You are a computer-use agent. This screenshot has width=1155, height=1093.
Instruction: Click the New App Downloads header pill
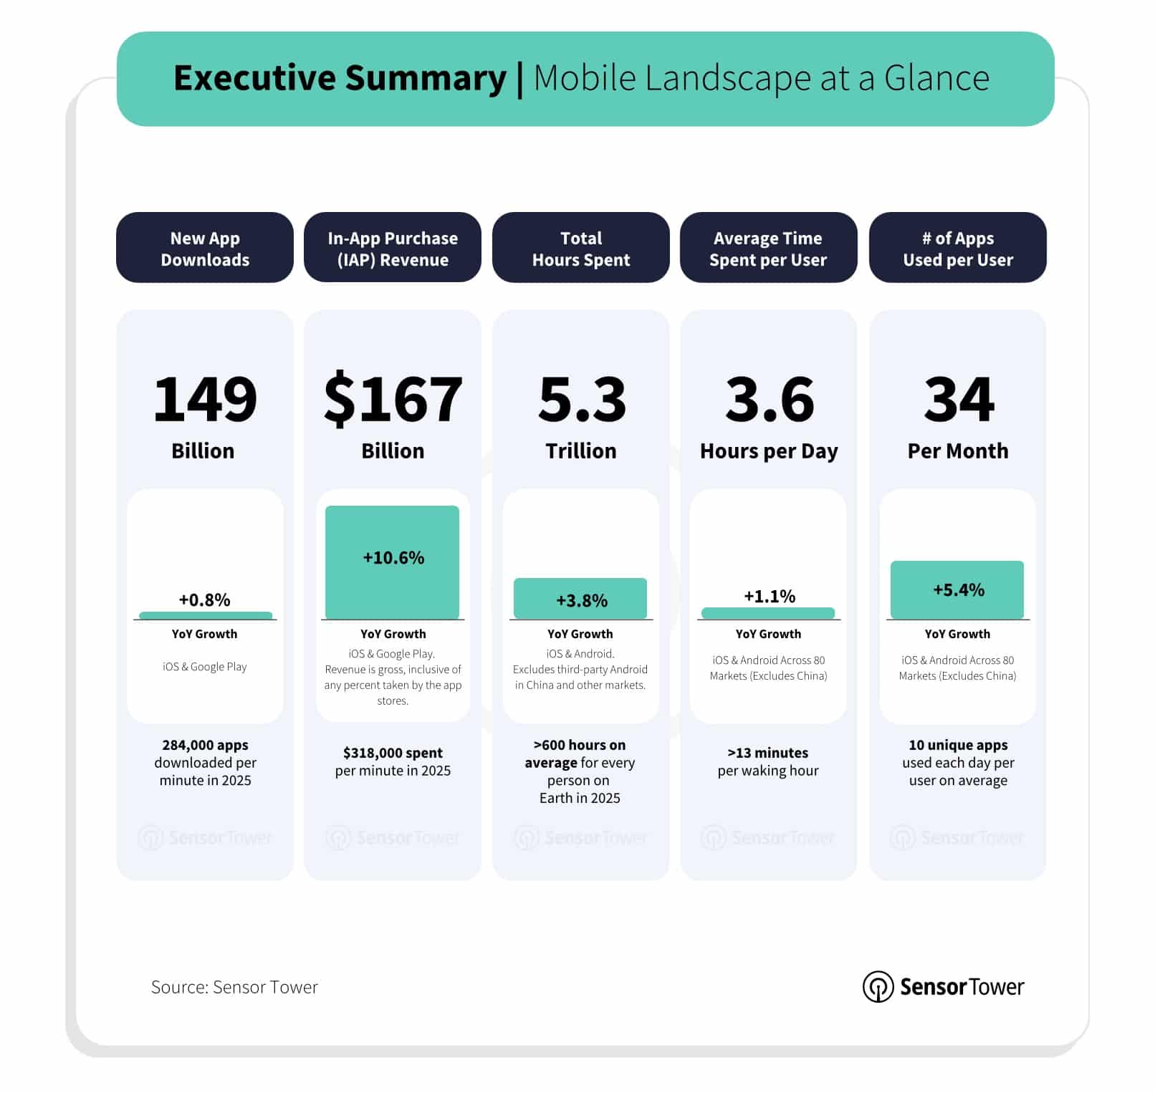pos(205,248)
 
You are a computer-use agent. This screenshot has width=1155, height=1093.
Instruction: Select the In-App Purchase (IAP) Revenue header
pos(393,248)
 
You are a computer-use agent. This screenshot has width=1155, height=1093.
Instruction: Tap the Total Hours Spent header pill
pos(580,248)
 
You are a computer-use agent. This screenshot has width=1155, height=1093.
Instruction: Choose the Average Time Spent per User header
pos(768,248)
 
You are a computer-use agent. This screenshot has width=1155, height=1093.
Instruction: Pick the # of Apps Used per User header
pos(957,248)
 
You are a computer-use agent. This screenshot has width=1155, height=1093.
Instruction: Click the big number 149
pos(205,399)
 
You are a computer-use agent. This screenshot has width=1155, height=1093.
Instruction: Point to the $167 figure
pos(393,399)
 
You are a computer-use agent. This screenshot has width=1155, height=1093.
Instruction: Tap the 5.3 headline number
pos(582,399)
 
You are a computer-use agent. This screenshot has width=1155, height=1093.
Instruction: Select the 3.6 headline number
pos(770,399)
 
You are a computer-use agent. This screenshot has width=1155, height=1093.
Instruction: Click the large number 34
pos(959,399)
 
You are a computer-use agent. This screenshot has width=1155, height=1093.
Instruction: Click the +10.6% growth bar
pos(393,562)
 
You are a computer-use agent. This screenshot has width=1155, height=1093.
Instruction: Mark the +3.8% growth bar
pos(580,599)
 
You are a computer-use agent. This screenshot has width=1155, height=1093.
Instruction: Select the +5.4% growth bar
pos(957,589)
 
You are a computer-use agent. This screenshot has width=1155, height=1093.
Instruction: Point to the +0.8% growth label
pos(205,600)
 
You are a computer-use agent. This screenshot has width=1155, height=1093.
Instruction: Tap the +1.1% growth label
pos(770,596)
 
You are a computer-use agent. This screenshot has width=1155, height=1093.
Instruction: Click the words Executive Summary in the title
pos(340,78)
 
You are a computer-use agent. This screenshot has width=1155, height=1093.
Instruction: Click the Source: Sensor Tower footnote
pos(234,987)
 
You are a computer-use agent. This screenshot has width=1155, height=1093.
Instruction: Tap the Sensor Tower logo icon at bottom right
pos(878,987)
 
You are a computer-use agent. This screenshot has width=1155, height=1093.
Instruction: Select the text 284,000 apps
pos(205,745)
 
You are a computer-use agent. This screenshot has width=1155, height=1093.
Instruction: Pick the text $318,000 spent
pos(393,753)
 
